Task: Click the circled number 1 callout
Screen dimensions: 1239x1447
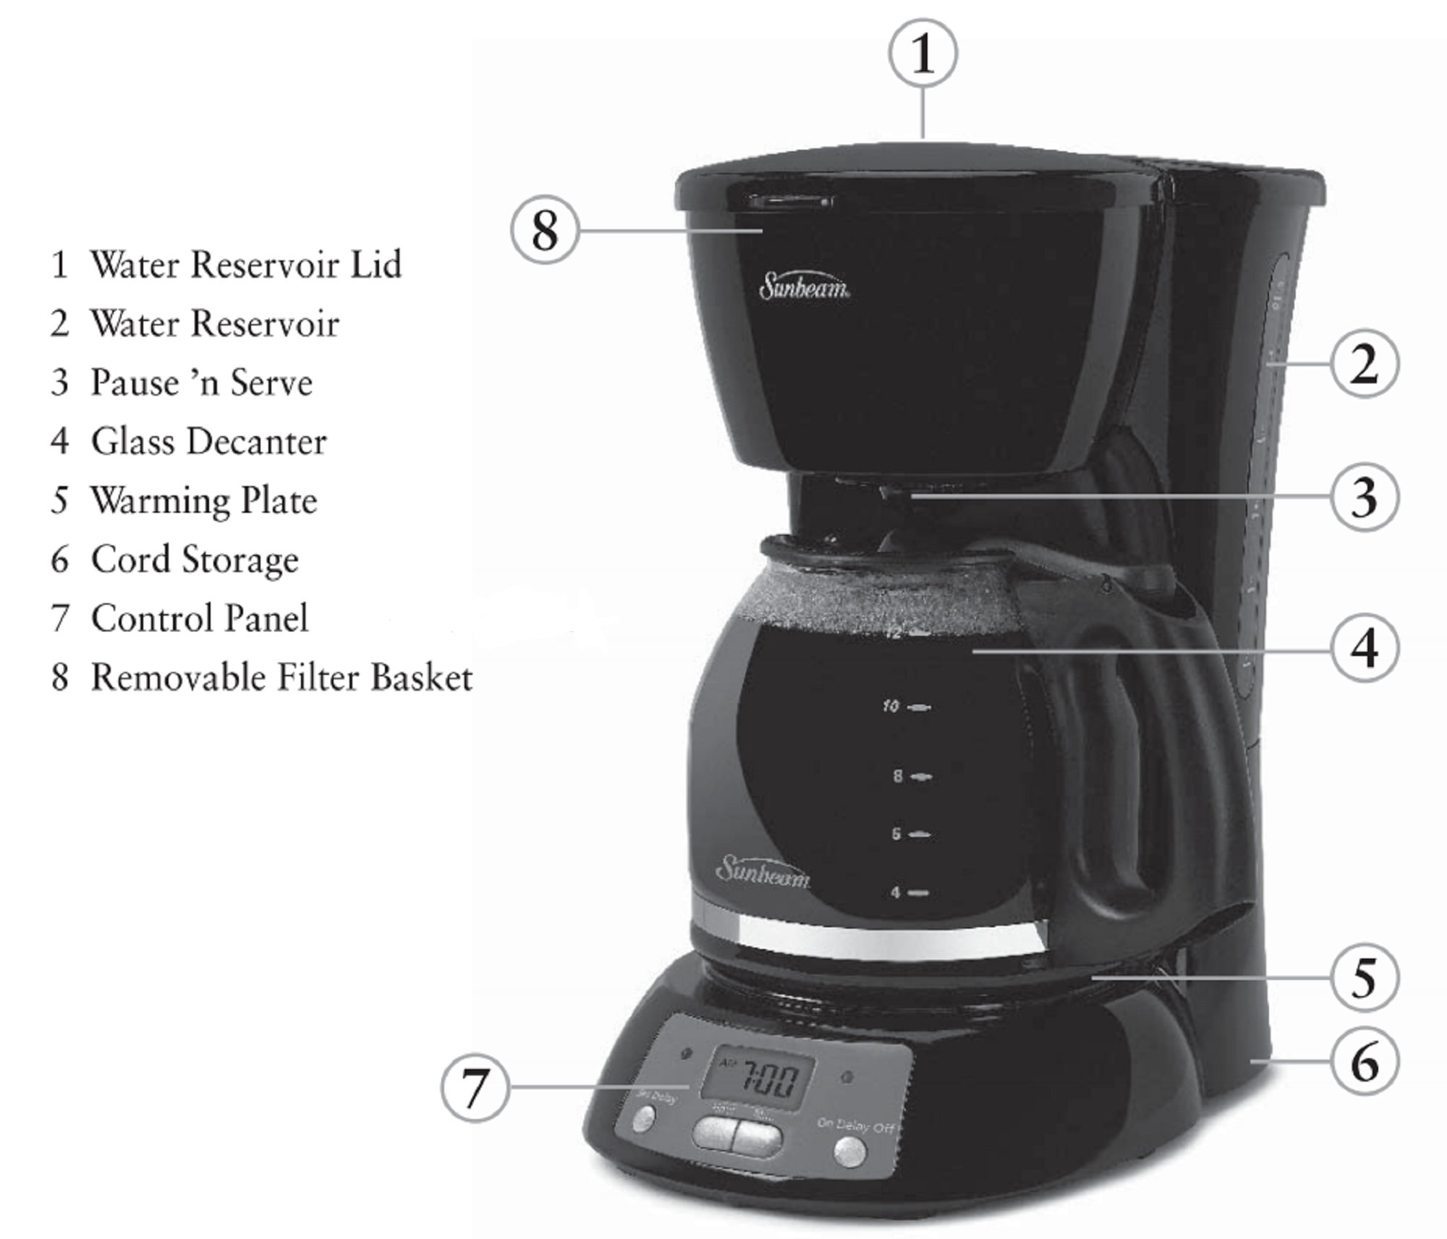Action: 922,54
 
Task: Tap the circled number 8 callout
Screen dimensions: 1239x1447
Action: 545,231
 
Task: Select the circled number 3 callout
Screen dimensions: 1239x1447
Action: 1365,498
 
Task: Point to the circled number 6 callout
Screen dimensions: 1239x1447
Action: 1365,1062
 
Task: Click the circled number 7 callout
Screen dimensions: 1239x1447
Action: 475,1087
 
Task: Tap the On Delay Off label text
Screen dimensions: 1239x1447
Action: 856,1125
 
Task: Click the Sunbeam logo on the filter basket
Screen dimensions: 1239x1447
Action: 804,286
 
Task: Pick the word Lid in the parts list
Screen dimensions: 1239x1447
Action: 375,264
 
